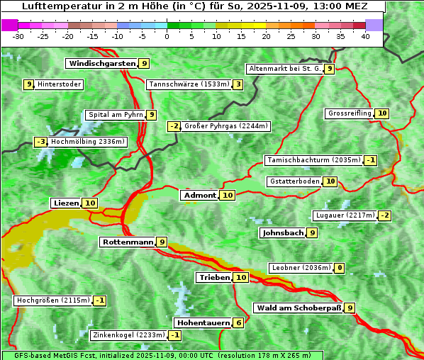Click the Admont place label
coord(199,196)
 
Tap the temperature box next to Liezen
coord(90,203)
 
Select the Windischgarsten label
coord(101,64)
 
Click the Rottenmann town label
coord(128,242)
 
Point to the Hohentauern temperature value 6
coord(239,323)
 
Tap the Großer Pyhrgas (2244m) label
coord(225,127)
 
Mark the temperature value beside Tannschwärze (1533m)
coord(238,85)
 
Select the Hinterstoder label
coord(60,85)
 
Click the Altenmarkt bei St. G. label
coord(284,69)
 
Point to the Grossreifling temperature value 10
coord(382,113)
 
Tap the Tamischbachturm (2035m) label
coord(313,160)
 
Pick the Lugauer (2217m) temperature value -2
coord(384,215)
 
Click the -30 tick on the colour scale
coord(18,35)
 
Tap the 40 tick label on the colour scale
coord(365,35)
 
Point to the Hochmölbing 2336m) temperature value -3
coord(40,142)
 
